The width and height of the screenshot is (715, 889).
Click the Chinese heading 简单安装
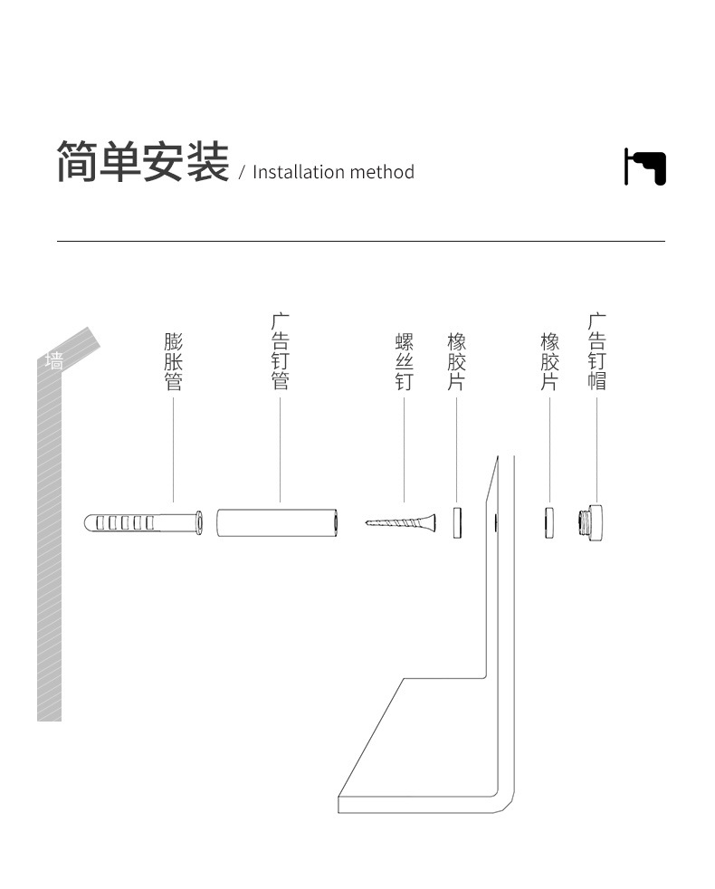point(142,162)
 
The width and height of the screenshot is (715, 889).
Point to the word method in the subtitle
point(382,172)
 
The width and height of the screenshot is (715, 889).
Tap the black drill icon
point(645,167)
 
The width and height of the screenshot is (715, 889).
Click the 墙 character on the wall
point(54,360)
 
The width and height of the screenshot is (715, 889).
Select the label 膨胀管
point(173,361)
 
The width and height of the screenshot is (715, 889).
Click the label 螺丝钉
point(404,361)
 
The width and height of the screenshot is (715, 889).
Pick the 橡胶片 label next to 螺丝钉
point(456,361)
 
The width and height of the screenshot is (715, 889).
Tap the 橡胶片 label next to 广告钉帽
point(549,361)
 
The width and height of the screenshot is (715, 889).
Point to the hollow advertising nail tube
point(278,522)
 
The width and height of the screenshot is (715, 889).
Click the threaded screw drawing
point(404,522)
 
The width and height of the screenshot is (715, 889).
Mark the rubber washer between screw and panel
point(457,522)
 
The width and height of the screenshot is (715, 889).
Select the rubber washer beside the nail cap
point(549,522)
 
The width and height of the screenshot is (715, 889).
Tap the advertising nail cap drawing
point(594,522)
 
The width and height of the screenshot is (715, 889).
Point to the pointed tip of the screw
point(368,522)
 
